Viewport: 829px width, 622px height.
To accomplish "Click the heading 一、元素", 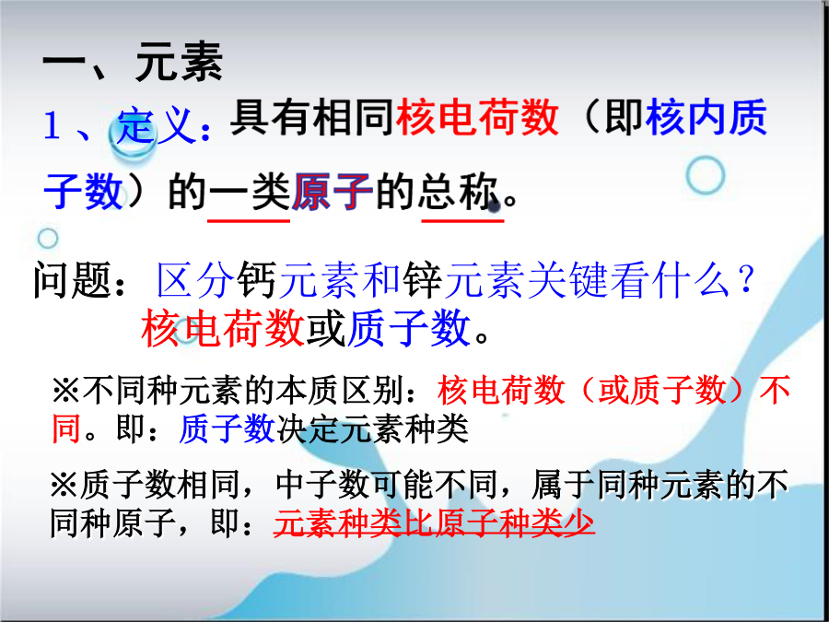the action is click(133, 62).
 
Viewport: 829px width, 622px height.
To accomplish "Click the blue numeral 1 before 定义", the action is click(52, 127).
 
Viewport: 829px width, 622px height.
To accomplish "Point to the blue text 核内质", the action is click(706, 117).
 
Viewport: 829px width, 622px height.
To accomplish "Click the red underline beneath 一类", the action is click(249, 219).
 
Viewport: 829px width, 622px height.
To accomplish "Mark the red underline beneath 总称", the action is click(462, 219).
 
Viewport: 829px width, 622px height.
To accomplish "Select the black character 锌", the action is click(423, 280).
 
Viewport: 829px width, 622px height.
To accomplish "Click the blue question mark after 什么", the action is click(746, 280).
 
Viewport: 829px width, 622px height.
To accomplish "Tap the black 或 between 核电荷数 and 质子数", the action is click(326, 328).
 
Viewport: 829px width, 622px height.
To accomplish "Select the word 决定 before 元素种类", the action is click(309, 428).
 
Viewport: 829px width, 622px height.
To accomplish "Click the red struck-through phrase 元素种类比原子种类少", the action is click(434, 523).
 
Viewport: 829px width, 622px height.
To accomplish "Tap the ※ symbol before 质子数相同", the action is click(64, 484).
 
